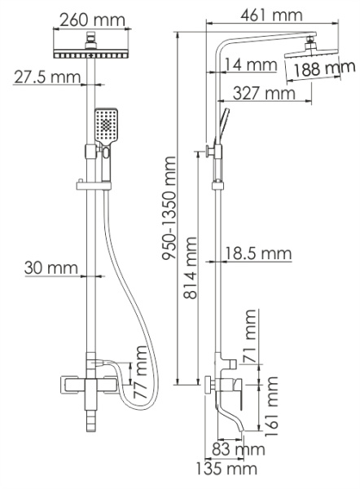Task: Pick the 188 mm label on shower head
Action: (x=320, y=70)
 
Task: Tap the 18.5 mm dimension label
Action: (x=259, y=255)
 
